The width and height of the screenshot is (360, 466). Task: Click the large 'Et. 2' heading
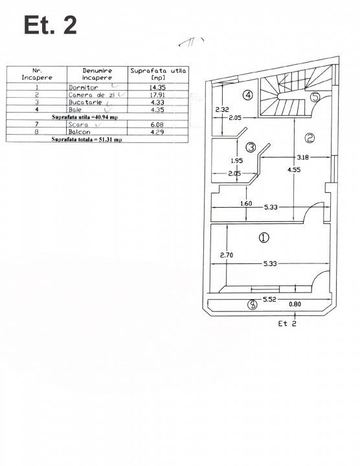click(51, 25)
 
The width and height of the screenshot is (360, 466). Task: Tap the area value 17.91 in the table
click(157, 94)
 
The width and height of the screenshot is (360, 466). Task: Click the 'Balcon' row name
click(80, 131)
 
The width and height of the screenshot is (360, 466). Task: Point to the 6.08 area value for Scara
click(157, 124)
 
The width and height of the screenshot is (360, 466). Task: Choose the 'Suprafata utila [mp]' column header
click(158, 74)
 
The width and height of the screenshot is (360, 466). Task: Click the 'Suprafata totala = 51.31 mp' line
click(87, 139)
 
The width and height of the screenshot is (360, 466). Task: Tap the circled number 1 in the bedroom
click(264, 238)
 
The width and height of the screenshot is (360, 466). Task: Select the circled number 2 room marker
click(309, 138)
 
